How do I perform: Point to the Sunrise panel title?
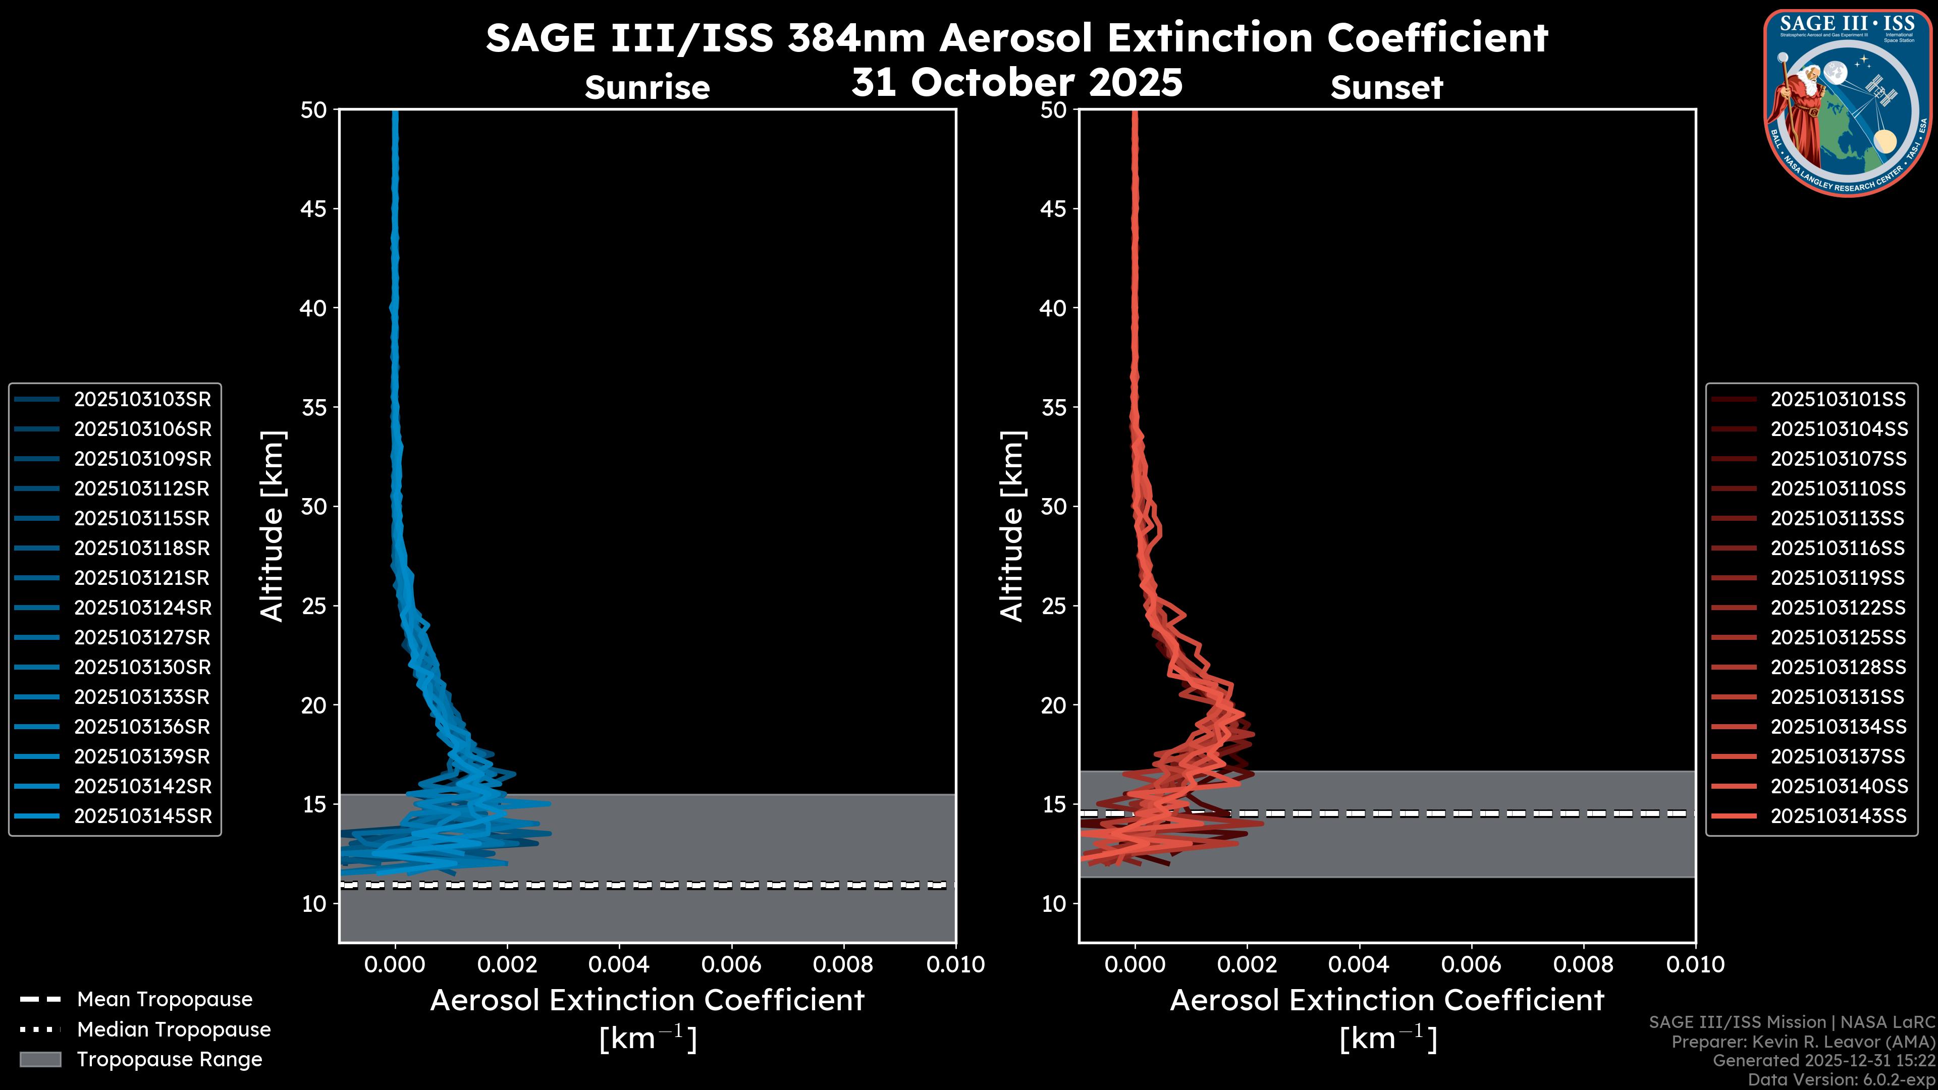[647, 87]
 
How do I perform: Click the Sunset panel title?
[1386, 87]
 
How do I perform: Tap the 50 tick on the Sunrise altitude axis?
[314, 110]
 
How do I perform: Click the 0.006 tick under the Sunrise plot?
[731, 964]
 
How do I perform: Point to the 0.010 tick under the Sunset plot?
[1696, 964]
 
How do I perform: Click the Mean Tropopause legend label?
[165, 1000]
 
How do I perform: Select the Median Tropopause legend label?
[174, 1030]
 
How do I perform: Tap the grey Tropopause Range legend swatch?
[40, 1060]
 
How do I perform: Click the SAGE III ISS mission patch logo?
[1847, 102]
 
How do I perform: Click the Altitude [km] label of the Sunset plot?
[1012, 526]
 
